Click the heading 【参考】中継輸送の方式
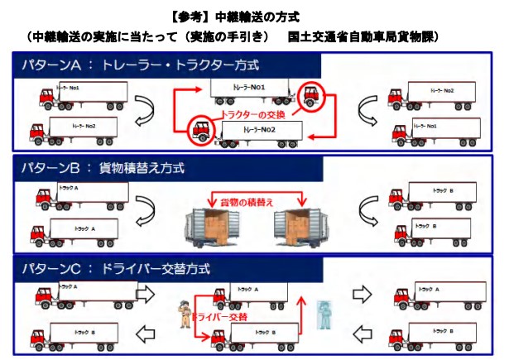tap(254, 16)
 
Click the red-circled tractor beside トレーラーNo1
tap(311, 97)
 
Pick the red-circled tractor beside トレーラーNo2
tap(200, 129)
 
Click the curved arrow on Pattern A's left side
tap(144, 110)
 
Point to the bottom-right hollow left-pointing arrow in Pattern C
tap(362, 334)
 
